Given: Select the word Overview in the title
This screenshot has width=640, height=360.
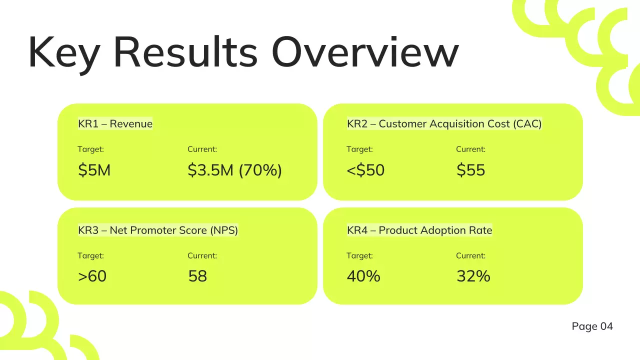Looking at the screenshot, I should point(365,51).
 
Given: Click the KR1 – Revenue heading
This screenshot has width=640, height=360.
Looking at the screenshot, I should point(115,124).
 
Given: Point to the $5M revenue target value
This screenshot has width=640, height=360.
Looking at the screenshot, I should point(94,170).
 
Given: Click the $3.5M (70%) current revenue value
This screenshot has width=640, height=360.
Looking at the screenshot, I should point(234,170).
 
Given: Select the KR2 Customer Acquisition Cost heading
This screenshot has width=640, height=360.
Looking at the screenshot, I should point(444,124).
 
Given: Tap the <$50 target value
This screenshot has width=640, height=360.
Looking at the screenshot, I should point(365,170).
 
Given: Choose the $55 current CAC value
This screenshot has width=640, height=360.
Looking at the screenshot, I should point(470,170).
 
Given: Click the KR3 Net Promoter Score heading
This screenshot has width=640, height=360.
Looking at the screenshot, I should point(158,230).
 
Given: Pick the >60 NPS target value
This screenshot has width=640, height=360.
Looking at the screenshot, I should point(92,276).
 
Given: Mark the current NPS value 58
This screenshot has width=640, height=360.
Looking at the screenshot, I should point(197,276).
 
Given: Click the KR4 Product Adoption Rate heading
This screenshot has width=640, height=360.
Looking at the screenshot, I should point(419,230).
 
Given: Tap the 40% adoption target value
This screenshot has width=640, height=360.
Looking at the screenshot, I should point(363,276).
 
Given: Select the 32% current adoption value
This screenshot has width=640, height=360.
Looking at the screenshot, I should point(473,276).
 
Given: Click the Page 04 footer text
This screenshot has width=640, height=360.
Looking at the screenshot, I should point(592,326).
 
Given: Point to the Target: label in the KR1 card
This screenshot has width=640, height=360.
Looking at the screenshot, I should point(90,149).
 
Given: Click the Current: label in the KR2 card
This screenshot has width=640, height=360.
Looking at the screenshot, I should point(470,149).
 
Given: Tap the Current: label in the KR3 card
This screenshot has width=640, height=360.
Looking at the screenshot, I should point(202,255).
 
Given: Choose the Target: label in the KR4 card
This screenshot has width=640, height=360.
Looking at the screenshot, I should point(359,255).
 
